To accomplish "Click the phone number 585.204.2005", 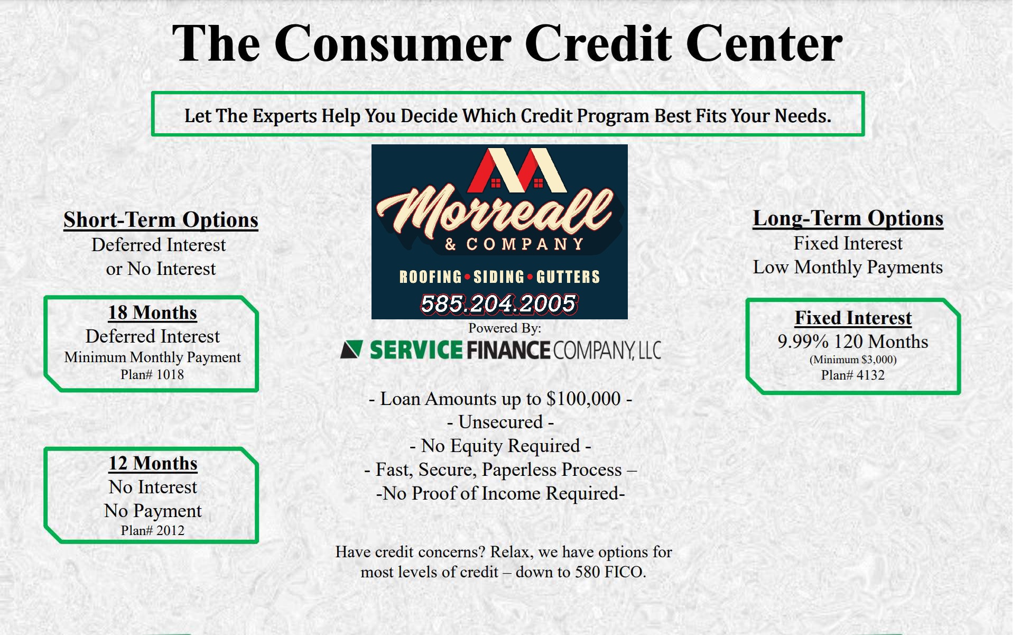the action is pos(499,303).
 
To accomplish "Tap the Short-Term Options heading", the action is pos(161,220).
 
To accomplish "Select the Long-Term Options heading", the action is pos(848,218).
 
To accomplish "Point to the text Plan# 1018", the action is pos(152,374).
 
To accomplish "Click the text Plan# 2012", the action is pos(153,530).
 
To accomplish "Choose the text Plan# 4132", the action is pos(852,375).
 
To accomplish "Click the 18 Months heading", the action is pos(153,312).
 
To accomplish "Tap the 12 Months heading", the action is pos(153,463).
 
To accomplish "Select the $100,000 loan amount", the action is pos(583,399).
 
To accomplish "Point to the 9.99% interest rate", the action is pos(803,342).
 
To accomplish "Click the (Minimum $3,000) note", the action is pos(853,360).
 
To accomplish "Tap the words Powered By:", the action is pos(505,328).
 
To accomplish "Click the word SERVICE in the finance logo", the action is pos(416,350).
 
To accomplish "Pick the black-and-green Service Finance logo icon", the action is pos(351,349).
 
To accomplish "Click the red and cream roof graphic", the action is pos(517,170).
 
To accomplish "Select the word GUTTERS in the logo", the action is pos(568,277).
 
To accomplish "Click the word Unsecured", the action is pos(500,422).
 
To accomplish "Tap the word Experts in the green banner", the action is pos(284,116).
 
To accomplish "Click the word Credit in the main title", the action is pos(599,43).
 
